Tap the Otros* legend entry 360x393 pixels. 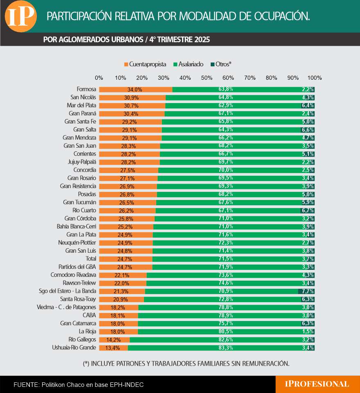[x=221, y=64]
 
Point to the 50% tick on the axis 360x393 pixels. [x=207, y=78]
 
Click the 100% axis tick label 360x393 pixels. [x=314, y=78]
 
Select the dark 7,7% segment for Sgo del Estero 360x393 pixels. [x=306, y=291]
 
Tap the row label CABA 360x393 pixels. [x=89, y=315]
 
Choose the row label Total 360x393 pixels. [x=90, y=259]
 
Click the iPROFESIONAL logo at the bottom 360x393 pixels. [x=317, y=384]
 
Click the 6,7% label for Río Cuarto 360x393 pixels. [x=307, y=211]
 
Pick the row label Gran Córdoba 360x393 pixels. [x=80, y=218]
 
